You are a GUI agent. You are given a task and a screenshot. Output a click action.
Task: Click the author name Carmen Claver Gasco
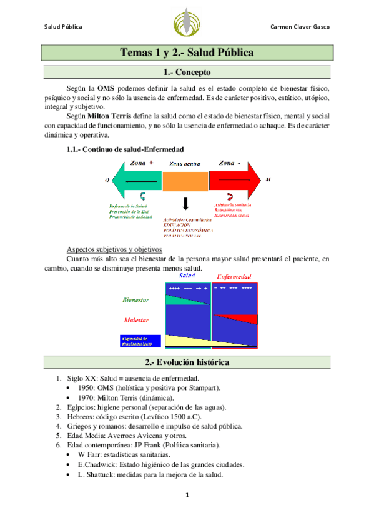pyautogui.click(x=300, y=27)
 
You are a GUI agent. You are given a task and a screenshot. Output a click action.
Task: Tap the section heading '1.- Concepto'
pyautogui.click(x=187, y=72)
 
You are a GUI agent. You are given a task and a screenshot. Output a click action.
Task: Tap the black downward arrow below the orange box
pyautogui.click(x=185, y=204)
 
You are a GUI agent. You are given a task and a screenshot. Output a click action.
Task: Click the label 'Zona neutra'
pyautogui.click(x=185, y=164)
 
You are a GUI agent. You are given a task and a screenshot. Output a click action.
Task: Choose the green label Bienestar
pyautogui.click(x=136, y=300)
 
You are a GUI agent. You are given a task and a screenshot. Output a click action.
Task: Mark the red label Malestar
pyautogui.click(x=136, y=320)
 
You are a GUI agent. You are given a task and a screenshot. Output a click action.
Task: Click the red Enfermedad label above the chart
pyautogui.click(x=234, y=276)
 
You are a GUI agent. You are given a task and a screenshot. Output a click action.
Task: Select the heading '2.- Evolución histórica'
pyautogui.click(x=187, y=362)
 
